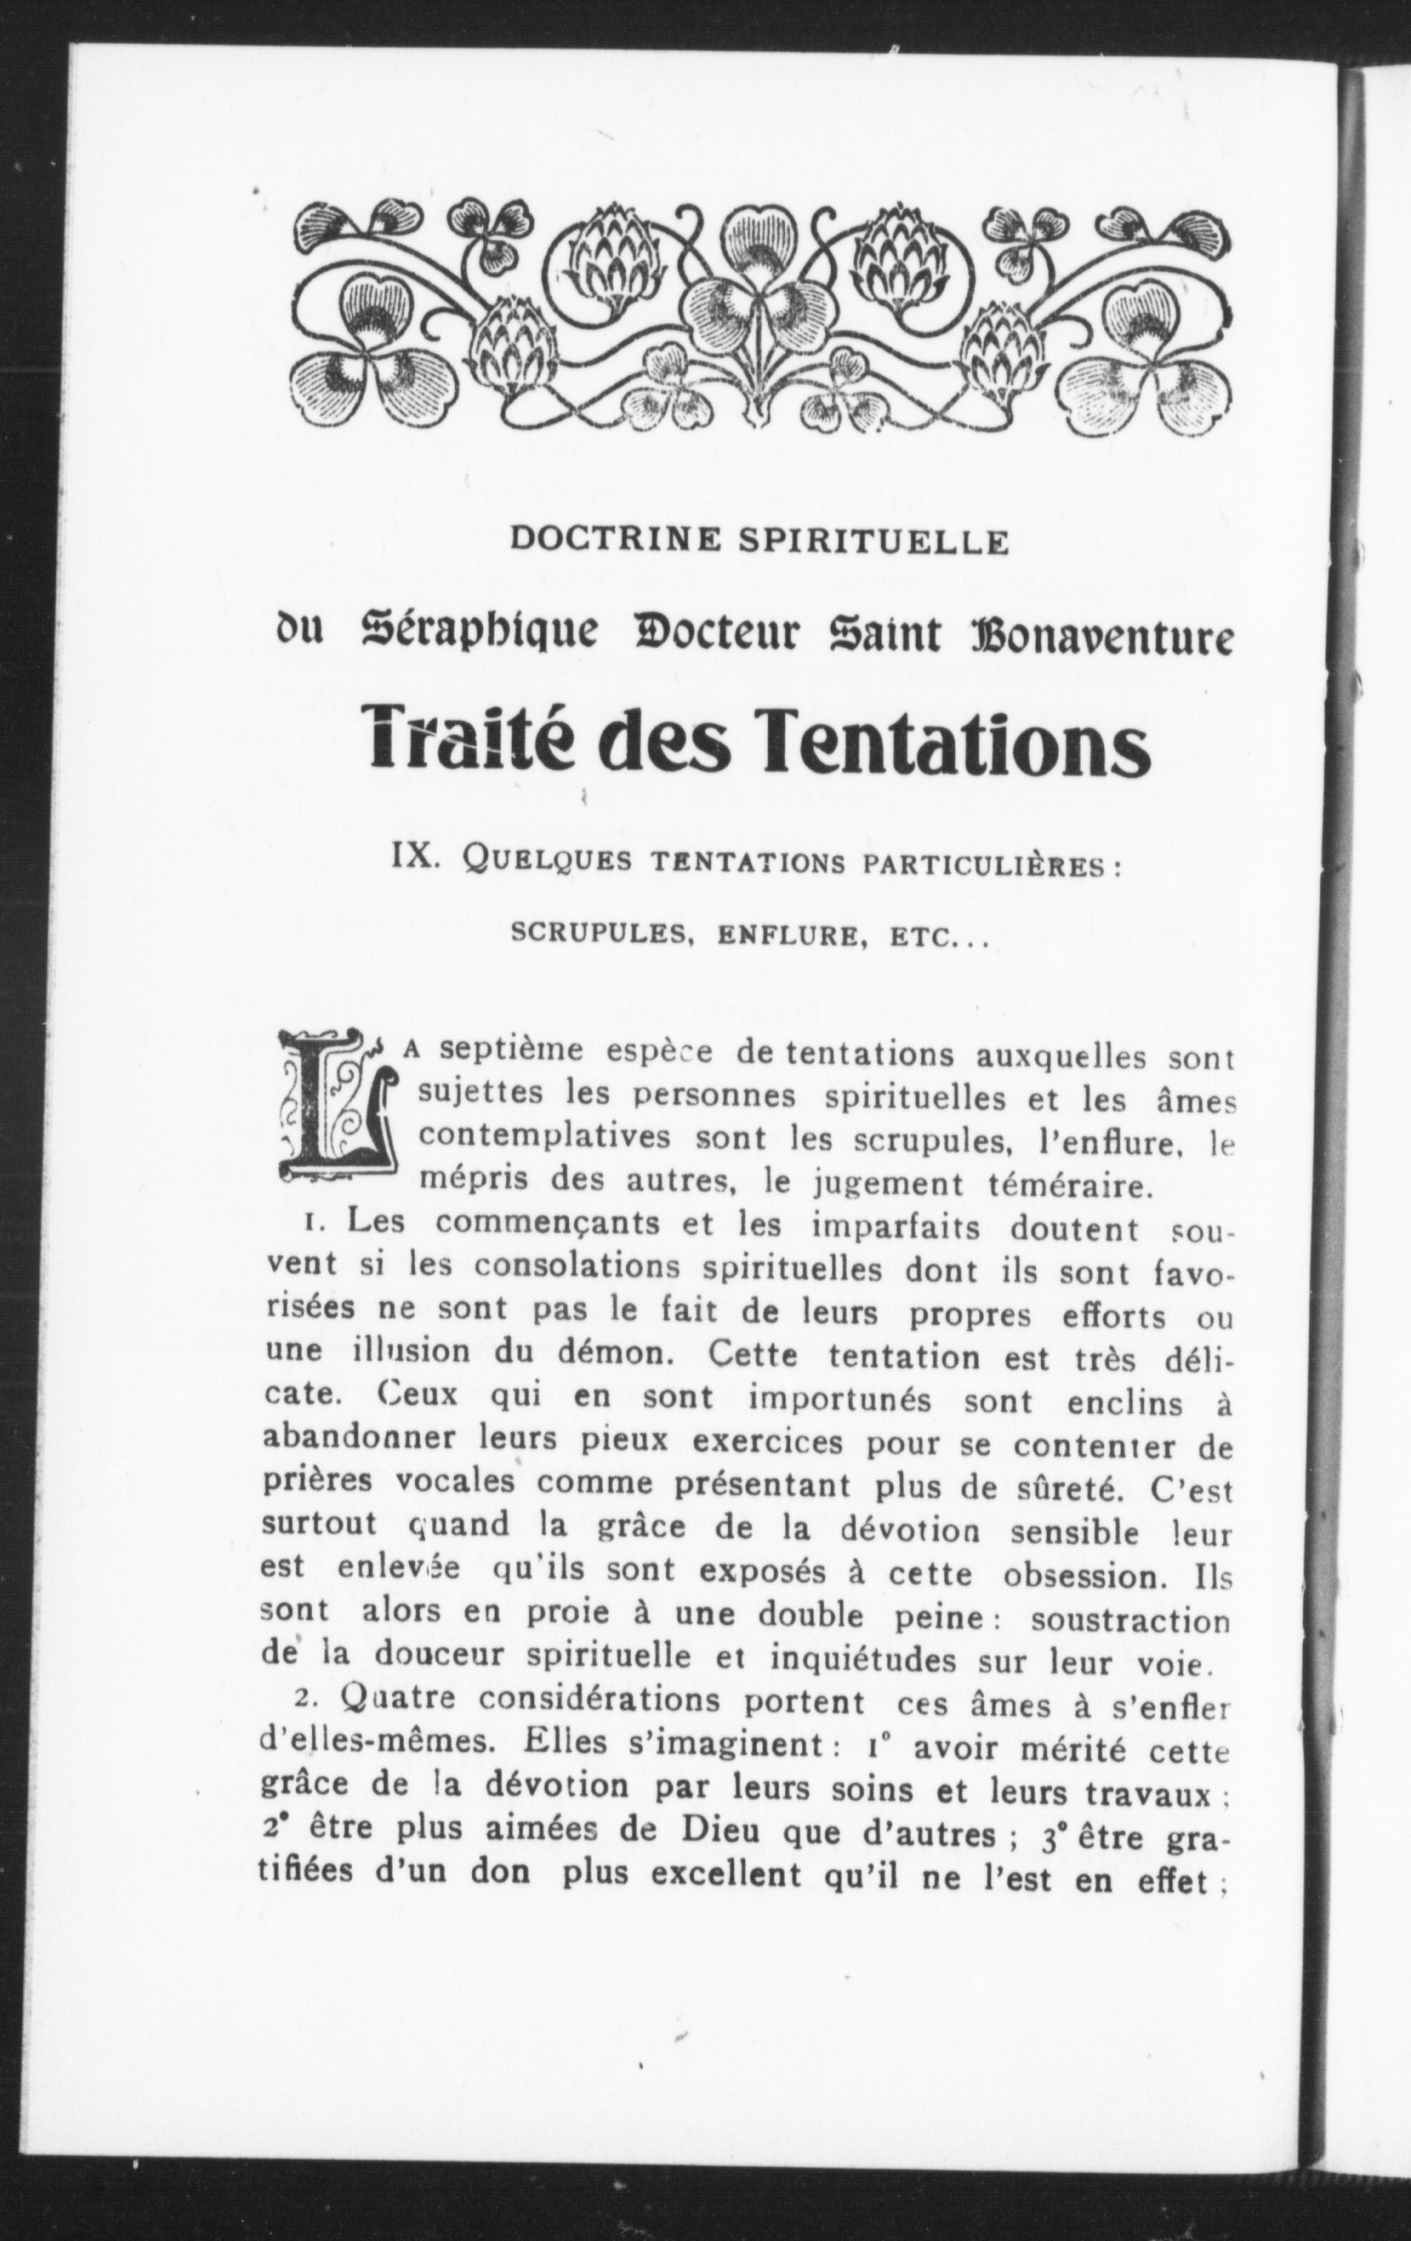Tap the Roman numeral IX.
click(x=421, y=855)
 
